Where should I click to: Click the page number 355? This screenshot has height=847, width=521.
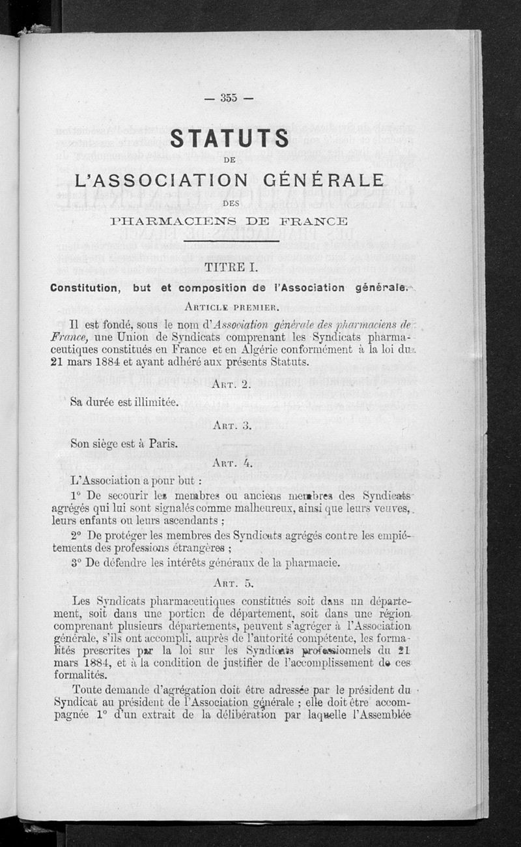pyautogui.click(x=228, y=98)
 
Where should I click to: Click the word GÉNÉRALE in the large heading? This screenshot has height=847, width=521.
pyautogui.click(x=323, y=180)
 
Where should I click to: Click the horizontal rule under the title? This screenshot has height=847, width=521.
pyautogui.click(x=231, y=242)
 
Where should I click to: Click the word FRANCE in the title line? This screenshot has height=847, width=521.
pyautogui.click(x=317, y=220)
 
